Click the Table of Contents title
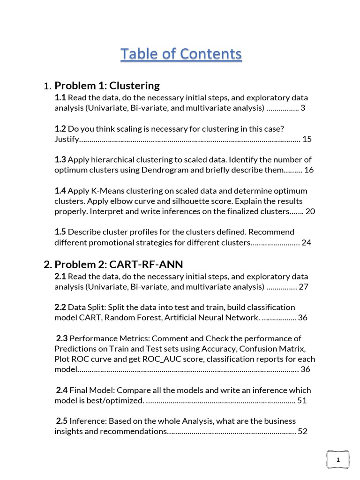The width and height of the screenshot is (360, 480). (x=181, y=54)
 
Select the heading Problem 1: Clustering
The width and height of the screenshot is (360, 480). (x=107, y=86)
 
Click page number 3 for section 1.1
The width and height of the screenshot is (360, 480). (x=303, y=108)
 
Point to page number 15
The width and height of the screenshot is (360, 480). (x=307, y=139)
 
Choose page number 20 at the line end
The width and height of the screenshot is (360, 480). (x=310, y=211)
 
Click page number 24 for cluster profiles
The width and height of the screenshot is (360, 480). (x=307, y=243)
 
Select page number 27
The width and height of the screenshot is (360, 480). (x=303, y=286)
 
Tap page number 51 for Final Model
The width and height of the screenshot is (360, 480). (x=302, y=401)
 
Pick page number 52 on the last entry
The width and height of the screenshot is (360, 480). (x=302, y=432)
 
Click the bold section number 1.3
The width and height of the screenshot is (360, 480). (x=60, y=160)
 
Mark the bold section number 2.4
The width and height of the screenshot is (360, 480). (x=62, y=390)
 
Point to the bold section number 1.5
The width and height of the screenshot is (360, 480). (x=60, y=232)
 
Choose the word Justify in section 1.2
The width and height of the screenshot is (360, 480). (x=66, y=139)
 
